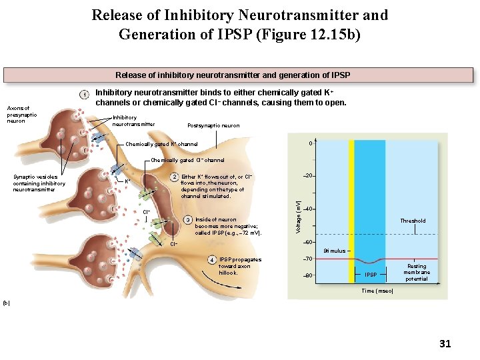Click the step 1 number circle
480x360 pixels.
click(85, 94)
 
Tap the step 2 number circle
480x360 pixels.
click(173, 177)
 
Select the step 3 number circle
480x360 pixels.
click(188, 220)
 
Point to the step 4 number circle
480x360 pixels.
click(211, 259)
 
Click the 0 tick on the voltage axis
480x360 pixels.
click(310, 145)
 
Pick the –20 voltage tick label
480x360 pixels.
click(309, 175)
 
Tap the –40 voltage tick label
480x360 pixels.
click(309, 209)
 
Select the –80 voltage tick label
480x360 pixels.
click(309, 275)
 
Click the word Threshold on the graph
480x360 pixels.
click(413, 221)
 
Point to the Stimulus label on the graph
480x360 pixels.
click(334, 251)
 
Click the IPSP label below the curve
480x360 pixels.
click(370, 275)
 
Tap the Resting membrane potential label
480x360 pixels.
click(417, 272)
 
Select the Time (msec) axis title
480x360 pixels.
click(377, 291)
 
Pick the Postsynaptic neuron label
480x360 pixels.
click(213, 125)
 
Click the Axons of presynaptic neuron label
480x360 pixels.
click(22, 114)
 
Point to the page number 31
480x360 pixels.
click(445, 344)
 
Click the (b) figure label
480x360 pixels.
click(6, 303)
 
